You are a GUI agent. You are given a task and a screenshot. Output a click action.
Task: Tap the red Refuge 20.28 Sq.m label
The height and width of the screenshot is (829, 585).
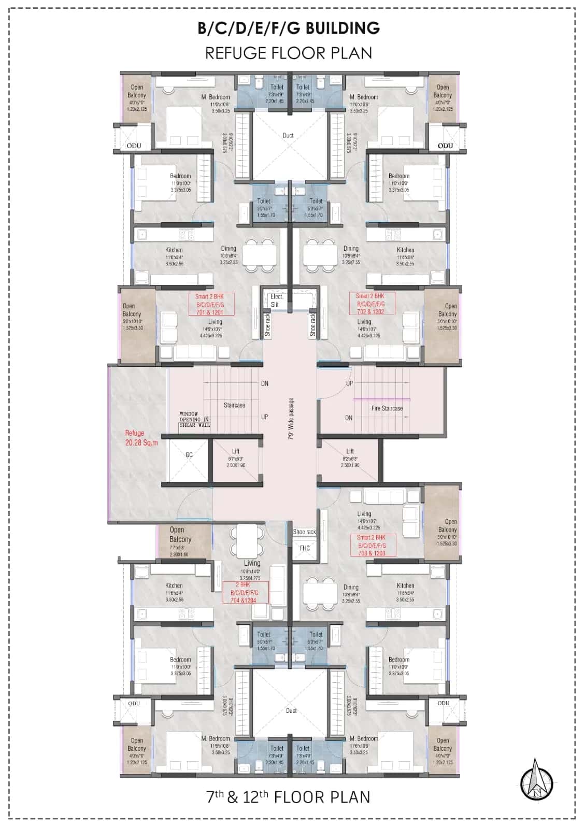coord(141,437)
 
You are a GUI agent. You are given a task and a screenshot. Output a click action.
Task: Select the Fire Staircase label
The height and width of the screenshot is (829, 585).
coord(387,408)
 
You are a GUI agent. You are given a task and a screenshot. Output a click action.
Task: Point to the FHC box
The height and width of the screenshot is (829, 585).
coord(305,548)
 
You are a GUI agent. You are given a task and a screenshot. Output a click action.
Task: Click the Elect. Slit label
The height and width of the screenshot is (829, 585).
coord(276,301)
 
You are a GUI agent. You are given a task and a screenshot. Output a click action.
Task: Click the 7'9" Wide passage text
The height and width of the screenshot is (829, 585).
coord(291,419)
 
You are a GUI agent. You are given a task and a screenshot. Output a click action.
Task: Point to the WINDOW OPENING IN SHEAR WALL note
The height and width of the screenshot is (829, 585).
coord(194,420)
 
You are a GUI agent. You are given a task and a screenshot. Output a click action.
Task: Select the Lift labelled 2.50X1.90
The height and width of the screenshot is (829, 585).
coord(350,458)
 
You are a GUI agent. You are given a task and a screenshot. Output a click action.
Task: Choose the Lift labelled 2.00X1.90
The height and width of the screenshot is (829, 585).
coord(235,458)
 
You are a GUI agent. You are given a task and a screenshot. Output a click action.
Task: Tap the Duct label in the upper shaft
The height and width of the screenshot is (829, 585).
coord(288,135)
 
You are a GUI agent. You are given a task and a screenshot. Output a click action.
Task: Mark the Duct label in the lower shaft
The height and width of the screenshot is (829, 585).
coord(291,710)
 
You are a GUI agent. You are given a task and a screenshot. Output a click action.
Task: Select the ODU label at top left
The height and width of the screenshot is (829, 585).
coord(134,146)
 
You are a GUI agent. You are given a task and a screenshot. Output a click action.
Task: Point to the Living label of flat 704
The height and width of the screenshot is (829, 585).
coord(252,563)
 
